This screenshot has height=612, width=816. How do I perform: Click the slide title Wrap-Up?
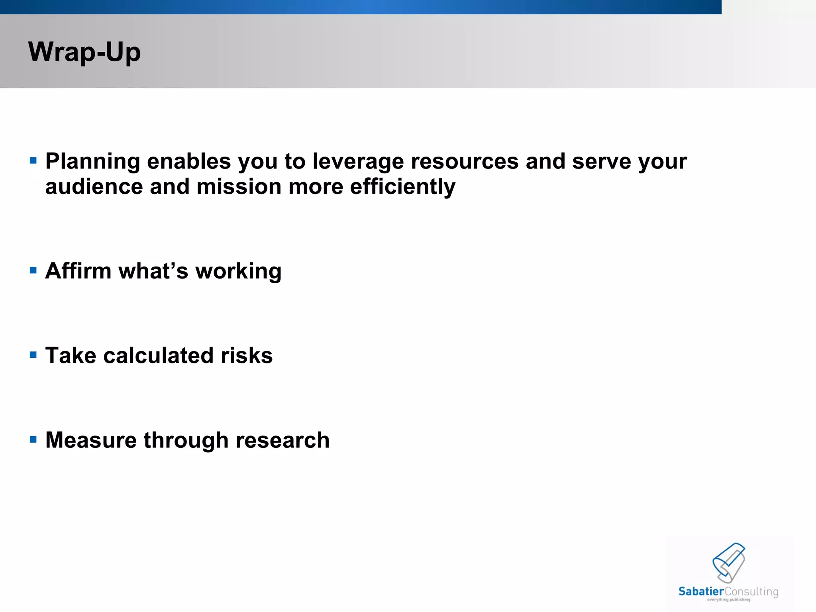pos(84,52)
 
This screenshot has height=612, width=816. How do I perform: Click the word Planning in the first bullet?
pos(92,162)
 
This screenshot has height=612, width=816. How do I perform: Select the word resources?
pos(465,162)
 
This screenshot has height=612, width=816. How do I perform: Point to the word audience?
pos(94,187)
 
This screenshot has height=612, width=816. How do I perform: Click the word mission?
pos(239,187)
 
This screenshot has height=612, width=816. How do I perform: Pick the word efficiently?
pos(402,187)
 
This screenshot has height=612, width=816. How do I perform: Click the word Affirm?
pos(78,271)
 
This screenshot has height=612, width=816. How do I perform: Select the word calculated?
pos(159,355)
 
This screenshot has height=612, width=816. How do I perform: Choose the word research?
pos(282,440)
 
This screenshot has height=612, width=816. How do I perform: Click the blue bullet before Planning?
pos(33,161)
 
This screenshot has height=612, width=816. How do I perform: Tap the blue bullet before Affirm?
pos(33,271)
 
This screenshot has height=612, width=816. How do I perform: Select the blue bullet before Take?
pos(33,355)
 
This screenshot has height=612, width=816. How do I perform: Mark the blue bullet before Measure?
pos(33,440)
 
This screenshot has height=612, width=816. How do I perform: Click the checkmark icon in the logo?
pos(729,562)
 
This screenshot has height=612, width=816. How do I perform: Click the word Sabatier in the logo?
pos(701,592)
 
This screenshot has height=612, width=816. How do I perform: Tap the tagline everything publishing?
pos(728,600)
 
